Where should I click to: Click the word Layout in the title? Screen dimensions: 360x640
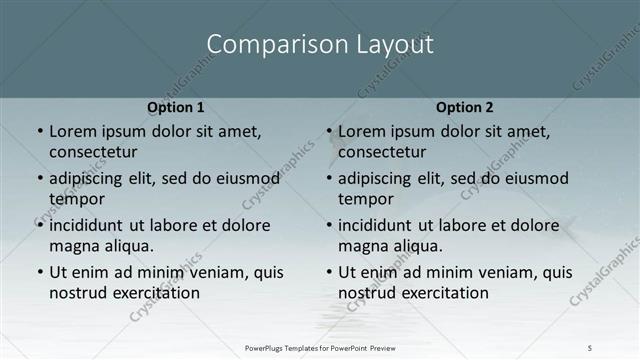(x=396, y=46)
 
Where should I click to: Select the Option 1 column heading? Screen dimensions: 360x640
(x=176, y=107)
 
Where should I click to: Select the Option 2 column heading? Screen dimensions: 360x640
(x=465, y=107)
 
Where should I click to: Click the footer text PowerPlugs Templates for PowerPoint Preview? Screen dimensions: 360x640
(x=320, y=348)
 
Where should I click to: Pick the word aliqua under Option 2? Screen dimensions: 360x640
(x=420, y=246)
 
